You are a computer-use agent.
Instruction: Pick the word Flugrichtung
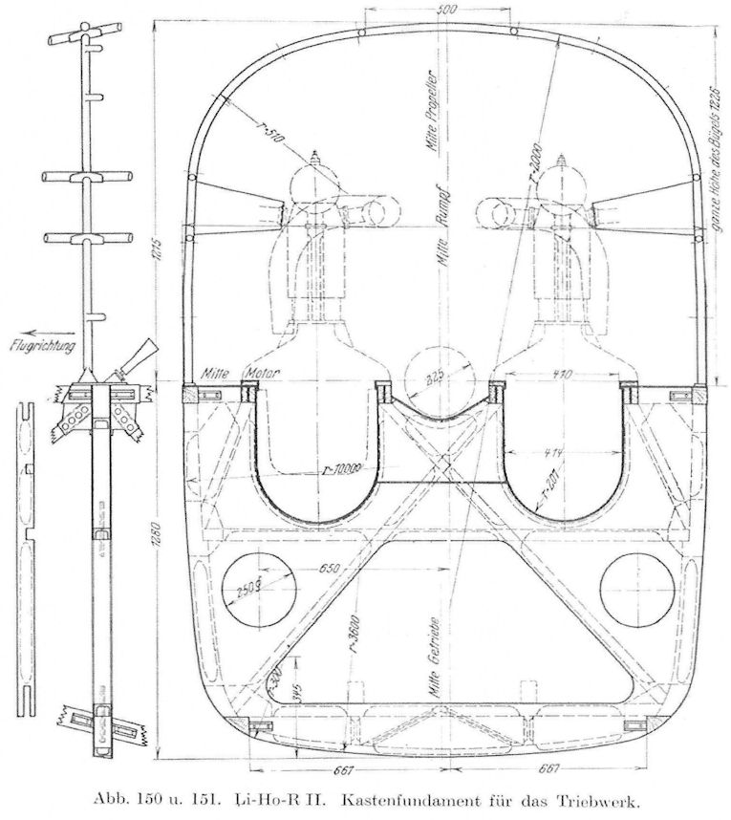click(39, 341)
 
